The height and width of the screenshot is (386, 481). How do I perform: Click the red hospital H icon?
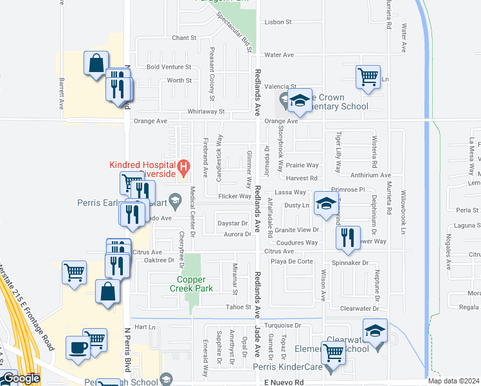pyautogui.click(x=184, y=169)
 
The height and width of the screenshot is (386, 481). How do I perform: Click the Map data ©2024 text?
pyautogui.click(x=453, y=381)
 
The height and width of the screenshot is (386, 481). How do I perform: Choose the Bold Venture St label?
pyautogui.click(x=169, y=67)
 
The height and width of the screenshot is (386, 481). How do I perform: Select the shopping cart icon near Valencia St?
pyautogui.click(x=368, y=76)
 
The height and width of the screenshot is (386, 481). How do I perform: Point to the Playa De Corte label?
pyautogui.click(x=291, y=261)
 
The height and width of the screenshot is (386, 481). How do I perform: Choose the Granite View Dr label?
pyautogui.click(x=296, y=230)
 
